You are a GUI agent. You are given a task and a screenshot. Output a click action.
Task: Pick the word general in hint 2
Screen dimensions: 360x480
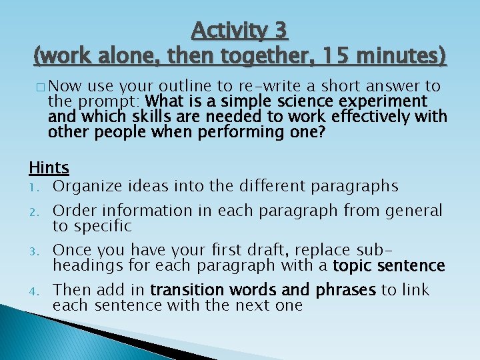point(411,211)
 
